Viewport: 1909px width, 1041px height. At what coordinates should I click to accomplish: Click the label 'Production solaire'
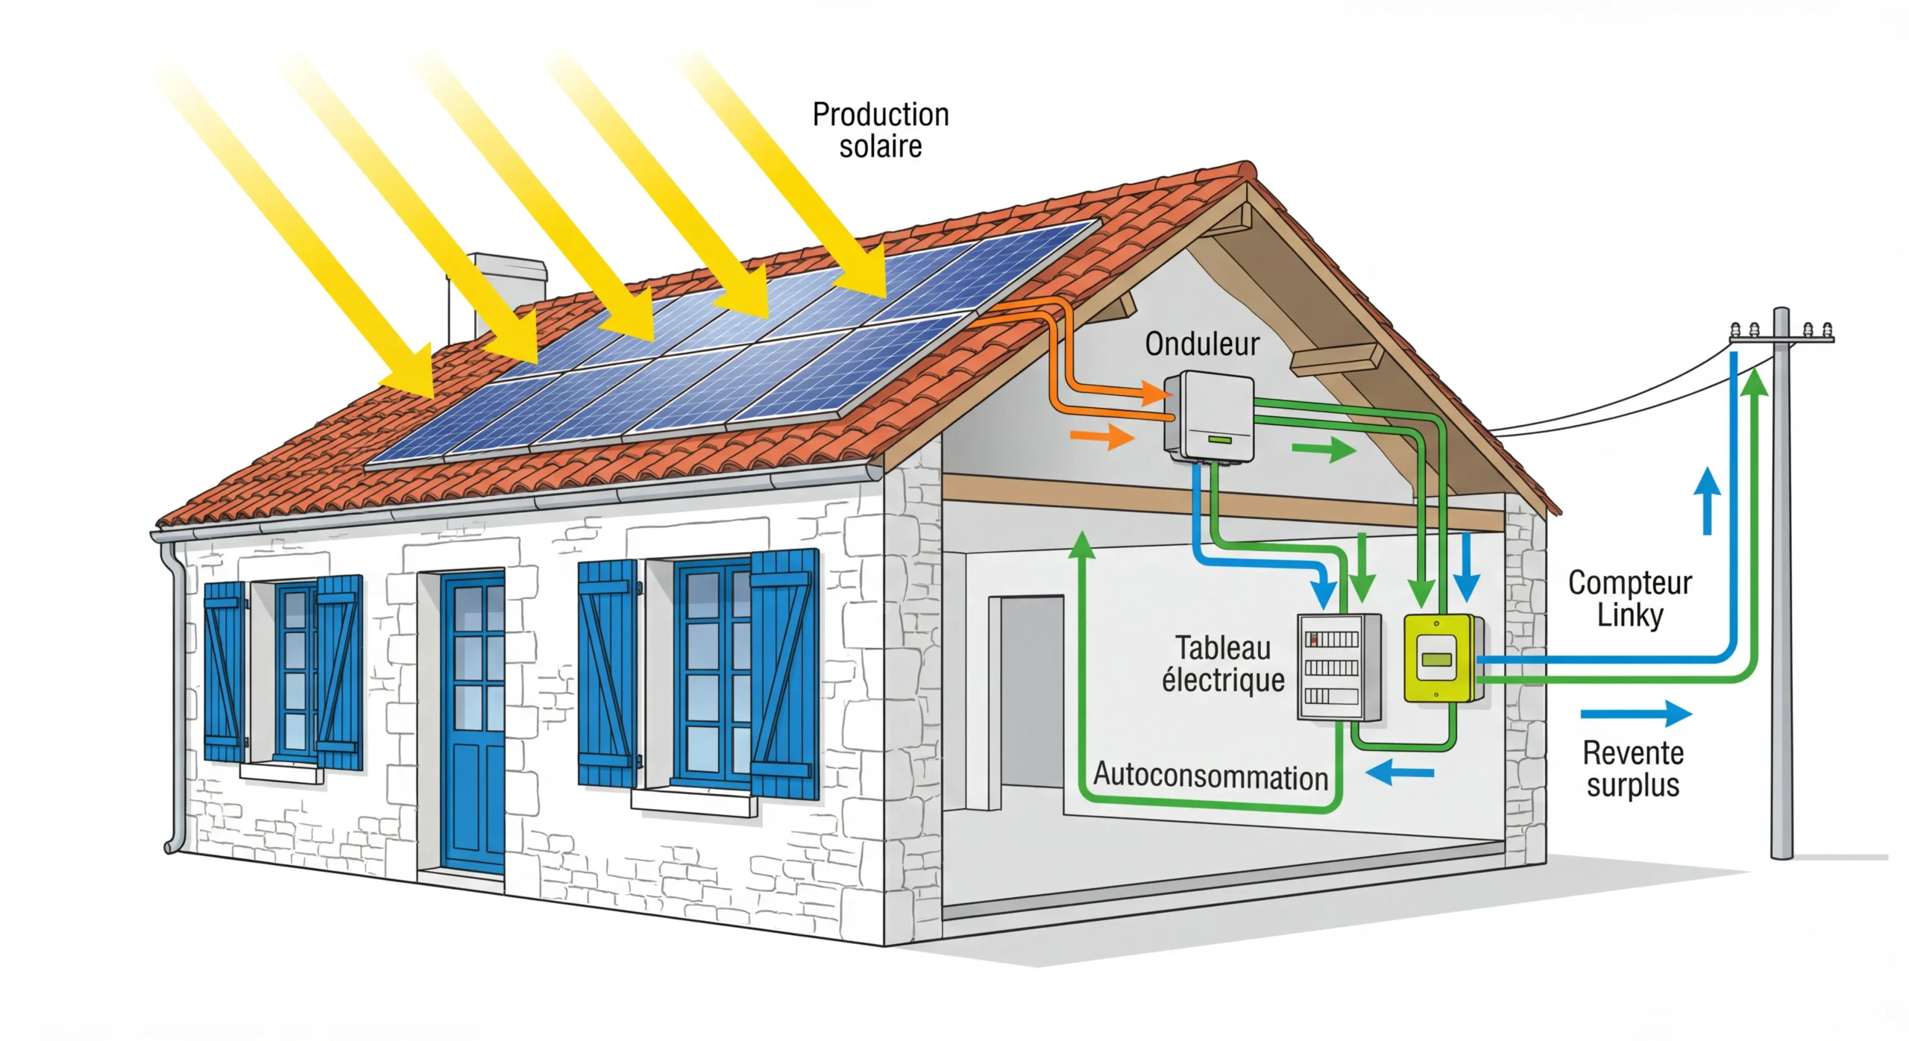pyautogui.click(x=880, y=130)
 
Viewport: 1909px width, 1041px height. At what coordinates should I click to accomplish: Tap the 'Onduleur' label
pyautogui.click(x=1202, y=344)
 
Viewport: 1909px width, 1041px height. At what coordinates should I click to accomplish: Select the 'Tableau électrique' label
pyautogui.click(x=1223, y=664)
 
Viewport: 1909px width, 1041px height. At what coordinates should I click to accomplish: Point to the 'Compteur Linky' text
pyautogui.click(x=1629, y=599)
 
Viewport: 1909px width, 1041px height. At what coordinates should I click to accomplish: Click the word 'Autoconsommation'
pyautogui.click(x=1210, y=776)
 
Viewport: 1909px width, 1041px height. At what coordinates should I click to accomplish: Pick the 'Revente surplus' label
pyautogui.click(x=1633, y=769)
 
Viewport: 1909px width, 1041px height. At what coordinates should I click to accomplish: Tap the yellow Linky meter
pyautogui.click(x=1439, y=658)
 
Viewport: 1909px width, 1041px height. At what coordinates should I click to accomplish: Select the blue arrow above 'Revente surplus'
pyautogui.click(x=1636, y=714)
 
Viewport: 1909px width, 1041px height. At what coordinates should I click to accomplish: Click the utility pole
pyautogui.click(x=1781, y=597)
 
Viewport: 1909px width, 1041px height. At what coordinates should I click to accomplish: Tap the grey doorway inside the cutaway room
pyautogui.click(x=1029, y=701)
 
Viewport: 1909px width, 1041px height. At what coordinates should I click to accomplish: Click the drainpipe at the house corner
pyautogui.click(x=176, y=694)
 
